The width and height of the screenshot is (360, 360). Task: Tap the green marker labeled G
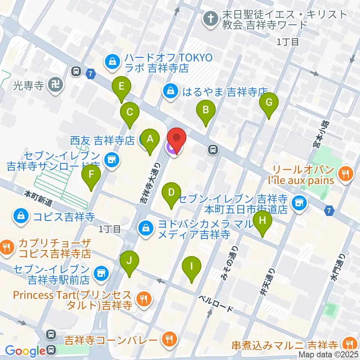tap(269, 102)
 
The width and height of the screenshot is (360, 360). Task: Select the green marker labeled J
tap(129, 260)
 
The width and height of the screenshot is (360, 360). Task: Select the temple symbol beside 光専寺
tap(56, 85)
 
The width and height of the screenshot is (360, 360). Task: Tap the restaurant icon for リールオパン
tap(344, 174)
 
